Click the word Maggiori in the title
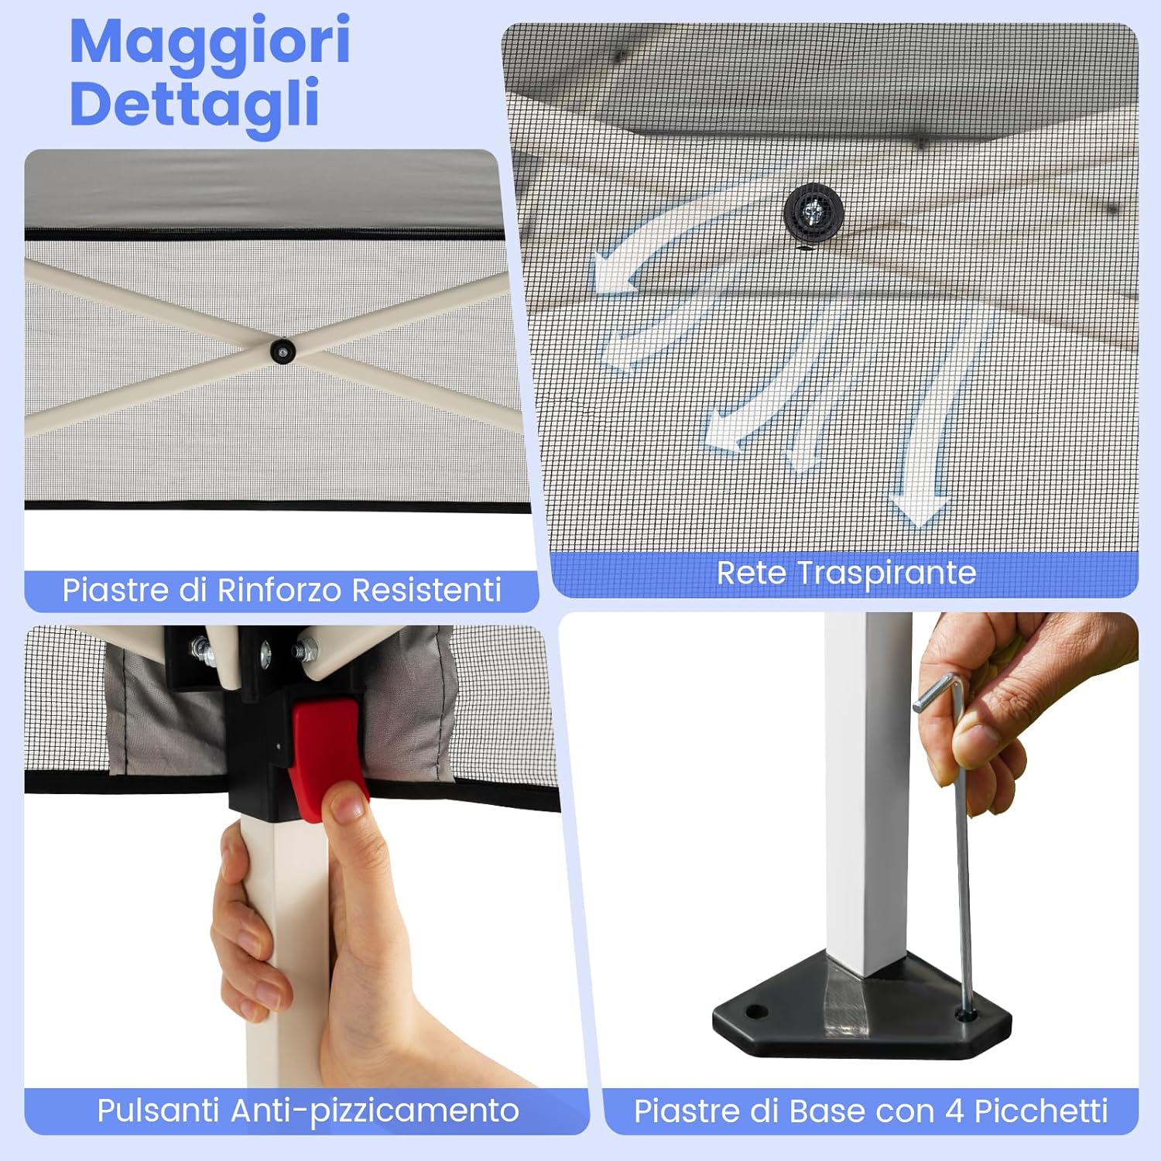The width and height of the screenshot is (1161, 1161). coord(210,43)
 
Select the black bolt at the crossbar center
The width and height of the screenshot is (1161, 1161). coord(283,351)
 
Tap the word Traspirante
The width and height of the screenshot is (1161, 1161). coord(886,574)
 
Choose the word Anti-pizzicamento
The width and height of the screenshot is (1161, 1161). coord(375,1111)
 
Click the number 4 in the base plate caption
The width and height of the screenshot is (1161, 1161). coord(954,1111)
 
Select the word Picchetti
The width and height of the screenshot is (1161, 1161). coord(1041,1111)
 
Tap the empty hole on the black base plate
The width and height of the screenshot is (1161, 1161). coord(756,1012)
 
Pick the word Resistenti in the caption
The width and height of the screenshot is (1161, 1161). coord(426,590)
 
